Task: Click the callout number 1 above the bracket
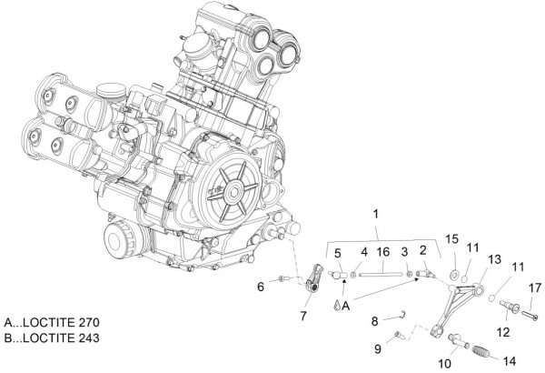click(x=374, y=213)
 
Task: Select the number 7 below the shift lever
click(x=304, y=316)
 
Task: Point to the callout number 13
click(x=494, y=259)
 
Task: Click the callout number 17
click(x=535, y=289)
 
